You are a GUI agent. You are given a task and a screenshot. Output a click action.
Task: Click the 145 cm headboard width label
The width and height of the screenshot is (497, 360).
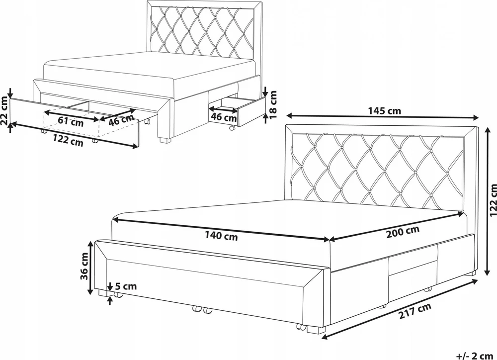pos(384,111)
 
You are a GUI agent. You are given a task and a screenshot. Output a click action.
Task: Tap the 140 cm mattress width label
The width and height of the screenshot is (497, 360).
pos(221,236)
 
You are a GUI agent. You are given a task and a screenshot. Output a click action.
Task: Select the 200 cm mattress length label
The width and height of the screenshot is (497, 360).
pos(403,232)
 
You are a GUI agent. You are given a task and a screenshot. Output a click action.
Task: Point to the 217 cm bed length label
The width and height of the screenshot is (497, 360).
pos(415,311)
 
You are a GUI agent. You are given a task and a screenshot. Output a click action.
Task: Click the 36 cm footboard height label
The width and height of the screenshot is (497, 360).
pos(84,266)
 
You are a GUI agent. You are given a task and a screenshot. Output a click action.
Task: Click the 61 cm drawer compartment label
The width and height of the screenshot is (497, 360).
pos(71,121)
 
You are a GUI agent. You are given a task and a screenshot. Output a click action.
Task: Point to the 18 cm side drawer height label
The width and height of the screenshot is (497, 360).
pos(273,104)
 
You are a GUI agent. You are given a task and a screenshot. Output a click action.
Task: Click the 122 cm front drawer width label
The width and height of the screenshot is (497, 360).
pos(68,140)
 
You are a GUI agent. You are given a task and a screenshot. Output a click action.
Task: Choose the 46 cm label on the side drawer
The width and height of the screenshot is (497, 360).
pos(224,117)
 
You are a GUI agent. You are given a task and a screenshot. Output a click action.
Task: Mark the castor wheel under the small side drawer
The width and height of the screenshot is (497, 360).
pos(232,128)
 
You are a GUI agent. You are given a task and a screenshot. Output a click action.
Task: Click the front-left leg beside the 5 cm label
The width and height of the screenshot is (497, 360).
pos(103,293)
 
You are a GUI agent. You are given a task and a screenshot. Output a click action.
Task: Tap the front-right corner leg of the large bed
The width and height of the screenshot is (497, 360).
pos(313,330)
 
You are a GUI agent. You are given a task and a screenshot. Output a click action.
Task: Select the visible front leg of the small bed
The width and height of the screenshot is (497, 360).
pos(165,140)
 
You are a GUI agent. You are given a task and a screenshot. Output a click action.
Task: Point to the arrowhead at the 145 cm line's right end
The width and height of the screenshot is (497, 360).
pos(476,118)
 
